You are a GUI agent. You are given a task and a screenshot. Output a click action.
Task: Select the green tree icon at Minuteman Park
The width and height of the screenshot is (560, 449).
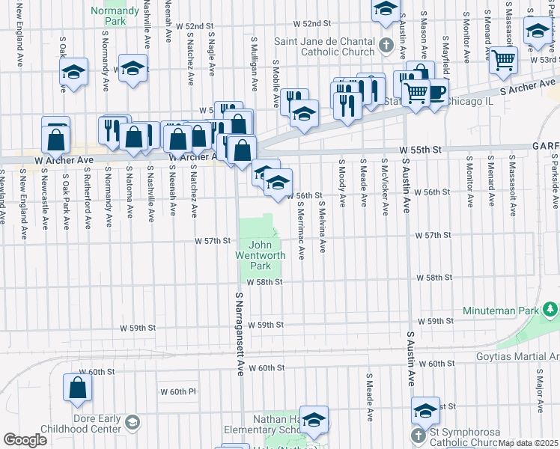[x=551, y=308]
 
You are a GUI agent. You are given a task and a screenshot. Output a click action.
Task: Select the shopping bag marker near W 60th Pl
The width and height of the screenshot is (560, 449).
[x=78, y=388]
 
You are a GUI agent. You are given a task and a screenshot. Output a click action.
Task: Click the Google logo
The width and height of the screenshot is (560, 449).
[x=25, y=440]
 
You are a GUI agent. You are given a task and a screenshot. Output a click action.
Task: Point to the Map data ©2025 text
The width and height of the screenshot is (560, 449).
[x=528, y=443]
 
